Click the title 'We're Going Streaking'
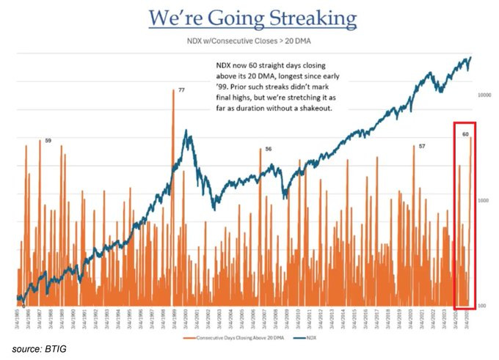point(252,18)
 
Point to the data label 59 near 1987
point(48,140)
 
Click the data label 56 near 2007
point(269,149)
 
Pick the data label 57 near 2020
point(422,147)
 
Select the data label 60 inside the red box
point(465,134)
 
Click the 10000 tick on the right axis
point(484,95)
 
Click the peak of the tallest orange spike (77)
point(173,89)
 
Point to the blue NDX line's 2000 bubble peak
point(187,131)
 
